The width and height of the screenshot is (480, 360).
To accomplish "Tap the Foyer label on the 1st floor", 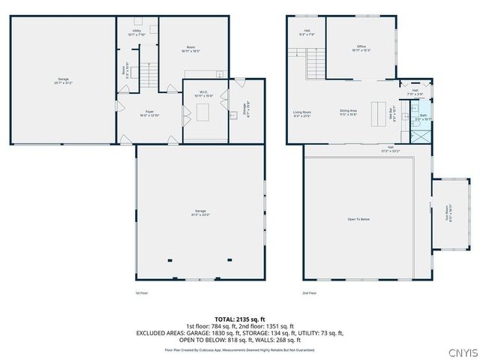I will pyautogui.click(x=150, y=112).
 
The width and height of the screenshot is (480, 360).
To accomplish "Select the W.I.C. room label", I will pyautogui.click(x=203, y=94).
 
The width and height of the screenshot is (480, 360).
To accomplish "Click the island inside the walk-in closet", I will pyautogui.click(x=203, y=112).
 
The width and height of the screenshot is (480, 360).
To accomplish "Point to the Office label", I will pyautogui.click(x=361, y=48).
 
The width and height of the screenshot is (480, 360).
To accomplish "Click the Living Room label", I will pyautogui.click(x=301, y=114).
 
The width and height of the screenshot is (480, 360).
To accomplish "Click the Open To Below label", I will pyautogui.click(x=358, y=219).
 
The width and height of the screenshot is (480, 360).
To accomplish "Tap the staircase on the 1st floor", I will pyautogui.click(x=151, y=75).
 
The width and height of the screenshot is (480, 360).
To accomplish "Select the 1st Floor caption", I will pyautogui.click(x=142, y=293).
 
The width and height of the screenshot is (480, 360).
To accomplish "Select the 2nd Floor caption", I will pyautogui.click(x=309, y=293).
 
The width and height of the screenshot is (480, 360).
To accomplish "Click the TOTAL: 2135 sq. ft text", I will pyautogui.click(x=240, y=319).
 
